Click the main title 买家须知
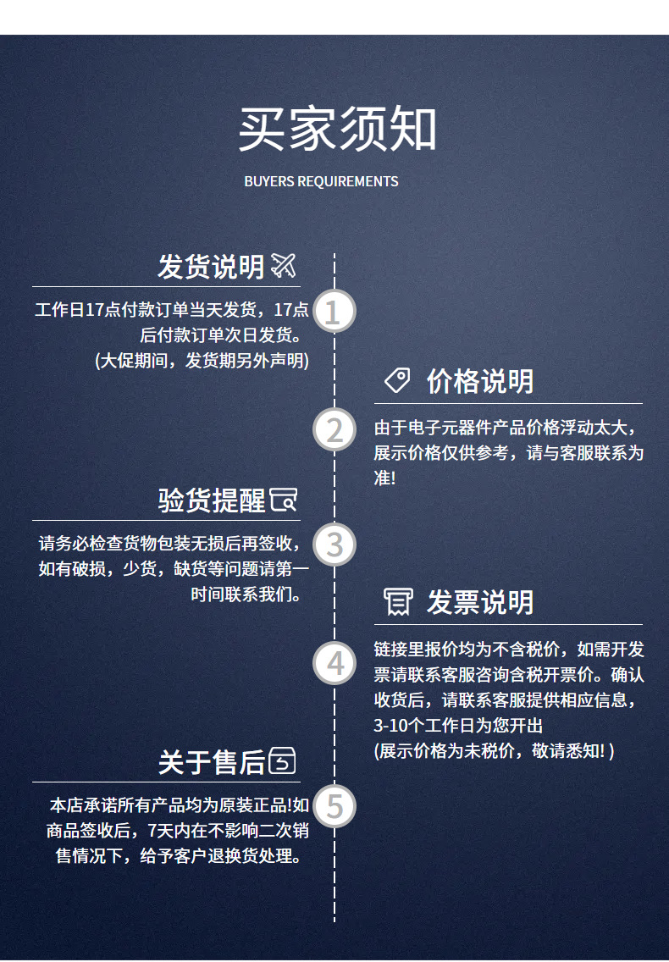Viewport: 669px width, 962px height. click(337, 130)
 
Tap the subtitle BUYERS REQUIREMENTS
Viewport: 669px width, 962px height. click(321, 181)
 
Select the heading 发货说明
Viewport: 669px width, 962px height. click(211, 267)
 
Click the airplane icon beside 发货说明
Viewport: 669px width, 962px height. click(284, 266)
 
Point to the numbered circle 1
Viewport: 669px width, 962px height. click(334, 312)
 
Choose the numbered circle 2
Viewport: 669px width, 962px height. click(334, 430)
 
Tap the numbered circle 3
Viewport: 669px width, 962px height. click(334, 545)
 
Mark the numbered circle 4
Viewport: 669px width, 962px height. click(334, 663)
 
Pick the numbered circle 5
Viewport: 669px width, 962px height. click(334, 806)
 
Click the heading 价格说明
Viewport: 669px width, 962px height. click(480, 381)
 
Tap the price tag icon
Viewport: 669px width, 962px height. click(397, 381)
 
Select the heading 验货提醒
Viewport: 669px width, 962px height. click(212, 500)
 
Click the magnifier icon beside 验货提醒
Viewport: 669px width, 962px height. click(284, 500)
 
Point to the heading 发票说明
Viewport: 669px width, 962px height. click(480, 602)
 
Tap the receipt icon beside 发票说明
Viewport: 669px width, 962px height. click(397, 602)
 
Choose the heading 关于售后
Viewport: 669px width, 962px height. click(212, 761)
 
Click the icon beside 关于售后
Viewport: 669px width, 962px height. click(283, 761)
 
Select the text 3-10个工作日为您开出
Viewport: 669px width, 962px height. click(458, 726)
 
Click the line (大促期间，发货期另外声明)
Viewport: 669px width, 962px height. click(202, 360)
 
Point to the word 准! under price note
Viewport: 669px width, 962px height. click(384, 478)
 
